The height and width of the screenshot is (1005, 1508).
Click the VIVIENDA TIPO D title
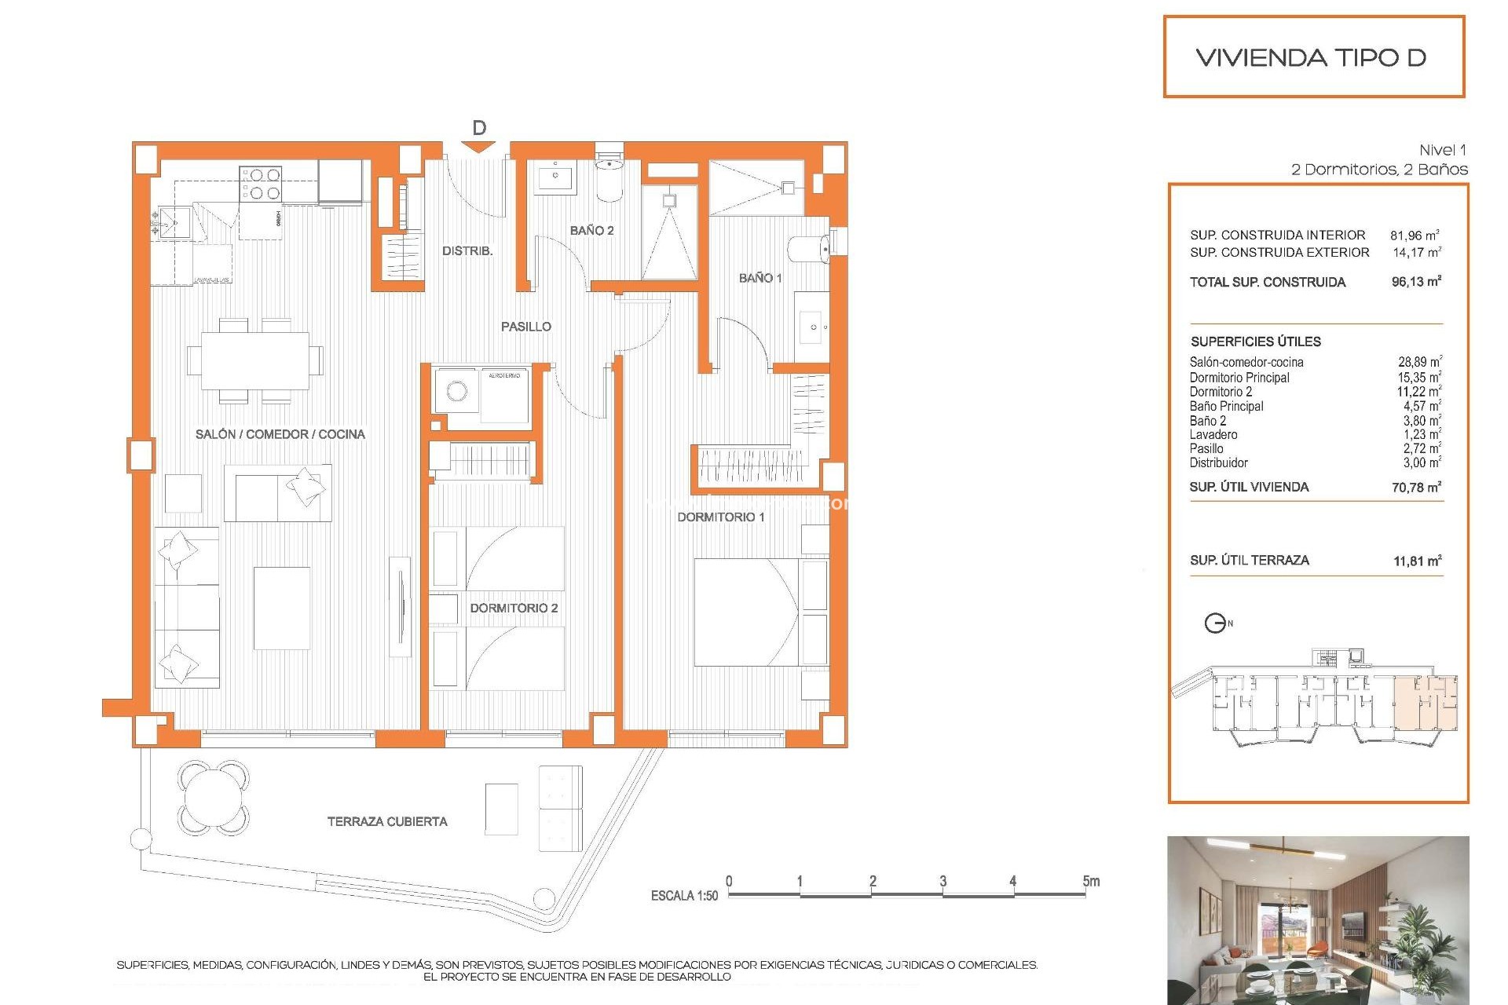pyautogui.click(x=1310, y=57)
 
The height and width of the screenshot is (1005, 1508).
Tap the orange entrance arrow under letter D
pyautogui.click(x=479, y=147)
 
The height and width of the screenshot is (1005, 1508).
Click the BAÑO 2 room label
pyautogui.click(x=591, y=230)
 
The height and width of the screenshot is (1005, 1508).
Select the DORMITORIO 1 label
pyautogui.click(x=720, y=517)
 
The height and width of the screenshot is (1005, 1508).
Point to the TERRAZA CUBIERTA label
pyautogui.click(x=387, y=821)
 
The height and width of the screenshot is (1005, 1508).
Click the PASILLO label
pyautogui.click(x=526, y=327)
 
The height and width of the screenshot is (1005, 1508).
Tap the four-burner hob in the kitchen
pyautogui.click(x=261, y=184)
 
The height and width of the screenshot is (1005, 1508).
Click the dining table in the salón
pyautogui.click(x=254, y=360)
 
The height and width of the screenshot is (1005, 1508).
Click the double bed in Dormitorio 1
pyautogui.click(x=750, y=612)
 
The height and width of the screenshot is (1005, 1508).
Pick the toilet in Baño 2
pyautogui.click(x=609, y=177)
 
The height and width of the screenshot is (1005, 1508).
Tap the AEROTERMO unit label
pyautogui.click(x=504, y=376)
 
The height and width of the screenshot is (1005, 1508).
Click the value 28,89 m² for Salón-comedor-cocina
pyautogui.click(x=1418, y=362)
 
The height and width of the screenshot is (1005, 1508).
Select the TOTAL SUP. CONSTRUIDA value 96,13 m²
pyautogui.click(x=1415, y=282)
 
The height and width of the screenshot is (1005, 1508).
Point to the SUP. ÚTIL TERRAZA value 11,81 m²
pyautogui.click(x=1417, y=561)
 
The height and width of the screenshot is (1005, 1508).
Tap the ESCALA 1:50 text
pyautogui.click(x=684, y=896)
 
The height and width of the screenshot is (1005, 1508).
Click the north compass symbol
pyautogui.click(x=1215, y=623)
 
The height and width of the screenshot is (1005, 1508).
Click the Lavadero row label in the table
pyautogui.click(x=1213, y=435)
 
